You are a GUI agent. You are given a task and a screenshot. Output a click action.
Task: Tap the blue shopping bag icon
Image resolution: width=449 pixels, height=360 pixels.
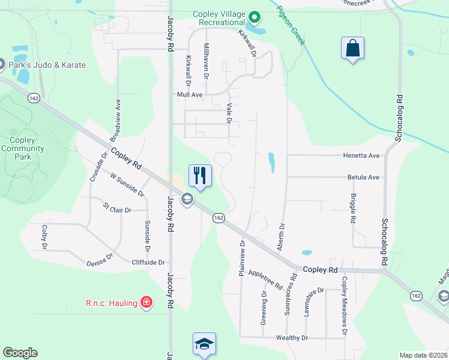352,48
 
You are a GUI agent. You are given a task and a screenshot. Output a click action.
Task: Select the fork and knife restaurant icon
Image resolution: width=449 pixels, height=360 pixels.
200,175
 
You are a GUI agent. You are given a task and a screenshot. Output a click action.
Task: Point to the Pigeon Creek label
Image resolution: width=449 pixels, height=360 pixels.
291,25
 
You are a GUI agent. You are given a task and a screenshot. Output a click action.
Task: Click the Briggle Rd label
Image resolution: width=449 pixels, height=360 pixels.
353,207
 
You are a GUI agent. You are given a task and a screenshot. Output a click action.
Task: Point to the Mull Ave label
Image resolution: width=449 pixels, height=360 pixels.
189,95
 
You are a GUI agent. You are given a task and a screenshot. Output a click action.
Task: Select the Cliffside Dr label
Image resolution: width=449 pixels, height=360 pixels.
148,263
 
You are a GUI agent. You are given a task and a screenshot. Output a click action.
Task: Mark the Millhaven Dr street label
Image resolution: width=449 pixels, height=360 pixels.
206,61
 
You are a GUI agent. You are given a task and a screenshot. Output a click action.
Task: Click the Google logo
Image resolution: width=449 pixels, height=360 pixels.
20,353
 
